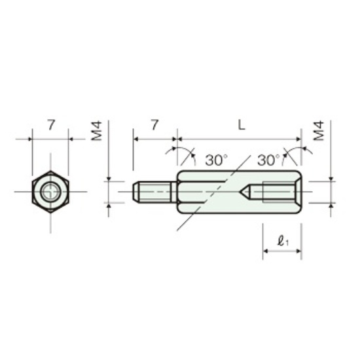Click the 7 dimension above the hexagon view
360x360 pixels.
(51, 125)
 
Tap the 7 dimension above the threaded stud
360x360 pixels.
(154, 125)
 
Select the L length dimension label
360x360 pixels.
(242, 125)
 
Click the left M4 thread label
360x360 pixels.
(96, 131)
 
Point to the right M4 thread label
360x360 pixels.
(319, 131)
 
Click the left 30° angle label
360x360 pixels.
(216, 160)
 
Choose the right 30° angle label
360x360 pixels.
(268, 160)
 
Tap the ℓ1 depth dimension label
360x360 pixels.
(283, 242)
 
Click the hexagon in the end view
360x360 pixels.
(50, 192)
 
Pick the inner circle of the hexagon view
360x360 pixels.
(50, 192)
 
